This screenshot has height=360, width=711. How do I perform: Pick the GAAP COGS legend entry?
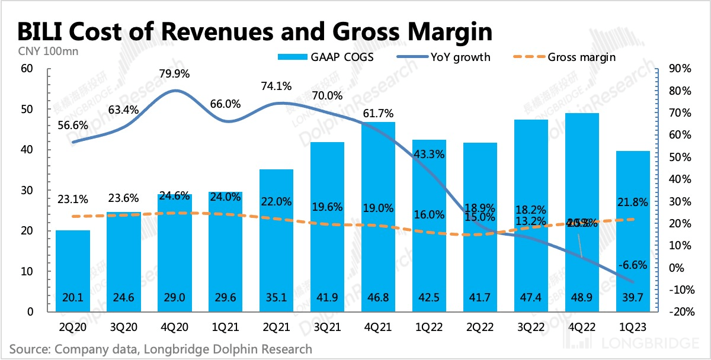tap(326, 57)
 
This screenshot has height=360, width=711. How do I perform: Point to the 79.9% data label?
tap(175, 74)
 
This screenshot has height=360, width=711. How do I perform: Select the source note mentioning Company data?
tap(160, 349)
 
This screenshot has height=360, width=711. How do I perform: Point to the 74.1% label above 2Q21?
tap(277, 86)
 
